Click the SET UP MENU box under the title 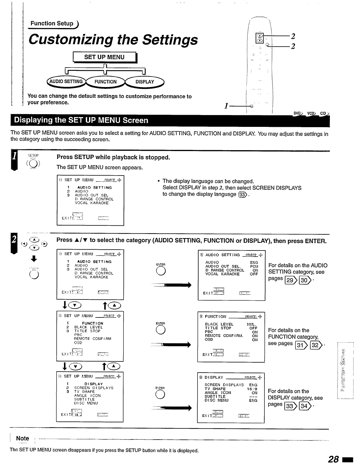(104, 57)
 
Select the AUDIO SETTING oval (66, 82)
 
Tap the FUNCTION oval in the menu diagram (105, 82)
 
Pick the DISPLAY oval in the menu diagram (145, 82)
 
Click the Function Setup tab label (52, 24)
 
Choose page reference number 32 (315, 345)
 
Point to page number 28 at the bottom (333, 459)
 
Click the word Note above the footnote (22, 438)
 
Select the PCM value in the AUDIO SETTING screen (254, 266)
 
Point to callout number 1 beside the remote (226, 106)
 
